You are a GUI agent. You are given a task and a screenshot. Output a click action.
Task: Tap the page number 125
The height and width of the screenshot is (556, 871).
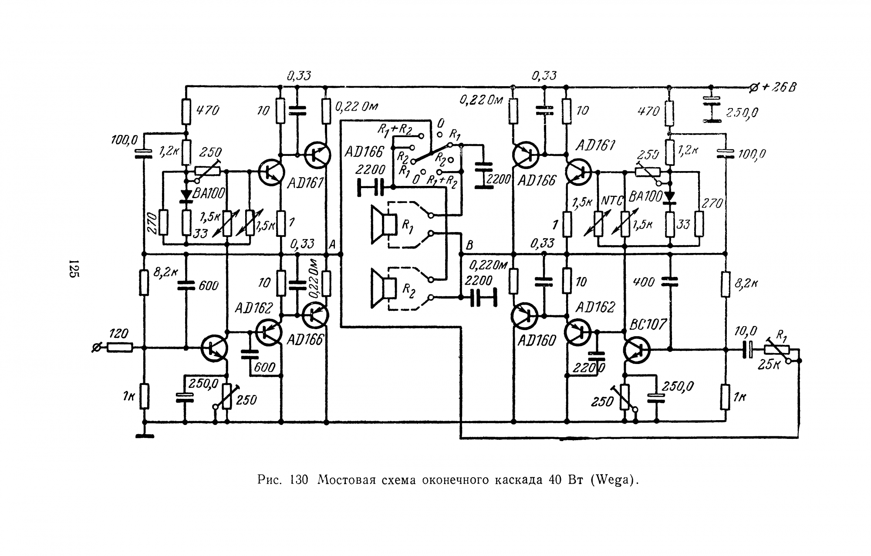point(73,269)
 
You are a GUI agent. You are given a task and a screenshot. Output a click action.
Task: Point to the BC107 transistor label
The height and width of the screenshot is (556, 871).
point(648,324)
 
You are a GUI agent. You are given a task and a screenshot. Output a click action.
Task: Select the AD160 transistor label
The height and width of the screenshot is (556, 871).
point(537,340)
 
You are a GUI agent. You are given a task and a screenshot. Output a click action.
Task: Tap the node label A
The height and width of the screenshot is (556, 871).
point(332,245)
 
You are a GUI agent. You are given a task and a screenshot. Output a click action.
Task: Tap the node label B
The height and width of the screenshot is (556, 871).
point(469,246)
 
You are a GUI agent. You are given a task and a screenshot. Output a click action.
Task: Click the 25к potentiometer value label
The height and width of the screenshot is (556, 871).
point(768,364)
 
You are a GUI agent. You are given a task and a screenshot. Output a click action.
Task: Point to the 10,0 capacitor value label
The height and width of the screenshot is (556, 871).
point(746,332)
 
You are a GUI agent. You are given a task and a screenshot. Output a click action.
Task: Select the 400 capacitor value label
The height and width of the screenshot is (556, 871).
point(644,282)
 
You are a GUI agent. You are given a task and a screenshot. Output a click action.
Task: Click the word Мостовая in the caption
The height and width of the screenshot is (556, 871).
point(344,480)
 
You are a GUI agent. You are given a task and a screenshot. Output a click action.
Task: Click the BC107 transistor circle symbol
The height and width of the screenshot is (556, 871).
point(636,350)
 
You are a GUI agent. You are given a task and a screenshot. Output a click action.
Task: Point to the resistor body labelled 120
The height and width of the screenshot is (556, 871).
point(120,347)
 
